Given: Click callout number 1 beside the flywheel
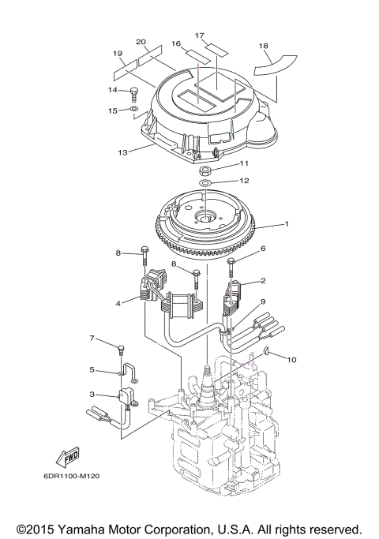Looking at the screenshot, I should point(287,223).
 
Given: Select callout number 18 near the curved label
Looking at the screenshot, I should point(263,47).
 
